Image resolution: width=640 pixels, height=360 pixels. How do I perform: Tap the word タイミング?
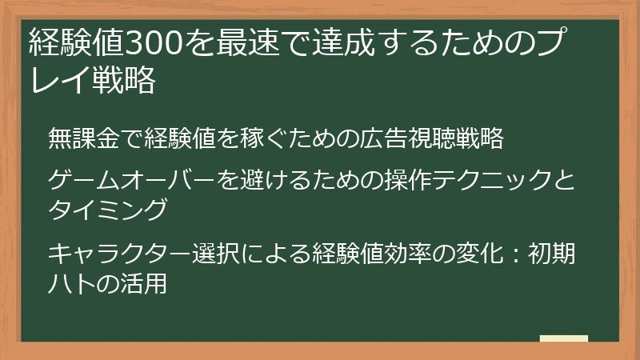(x=107, y=209)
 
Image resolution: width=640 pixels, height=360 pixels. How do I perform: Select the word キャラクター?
(x=119, y=255)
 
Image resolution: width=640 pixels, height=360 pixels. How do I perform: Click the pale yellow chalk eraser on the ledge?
(x=563, y=338)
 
